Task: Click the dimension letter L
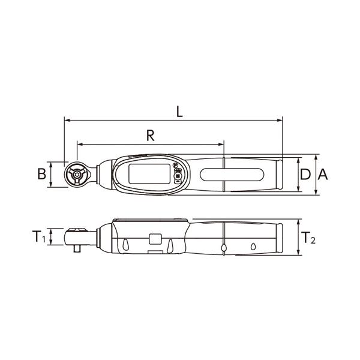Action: (x=179, y=112)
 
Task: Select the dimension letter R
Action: (x=151, y=136)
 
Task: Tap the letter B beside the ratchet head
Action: (x=42, y=174)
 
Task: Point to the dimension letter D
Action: (x=305, y=174)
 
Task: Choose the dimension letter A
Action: (x=323, y=174)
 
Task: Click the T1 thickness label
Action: (x=39, y=237)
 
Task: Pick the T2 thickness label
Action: (x=308, y=238)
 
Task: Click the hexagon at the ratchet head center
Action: (x=77, y=174)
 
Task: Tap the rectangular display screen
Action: (x=149, y=174)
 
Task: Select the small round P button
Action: (x=175, y=165)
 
